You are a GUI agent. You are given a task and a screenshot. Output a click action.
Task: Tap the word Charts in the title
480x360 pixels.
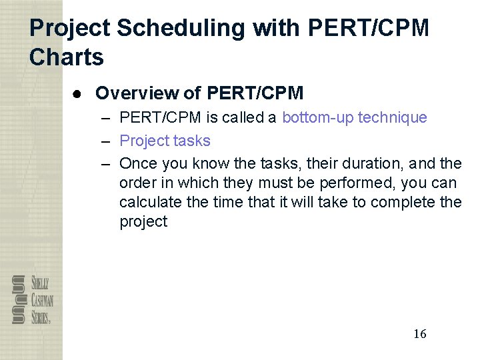67,57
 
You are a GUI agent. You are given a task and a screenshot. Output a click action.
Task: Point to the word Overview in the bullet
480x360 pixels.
138,93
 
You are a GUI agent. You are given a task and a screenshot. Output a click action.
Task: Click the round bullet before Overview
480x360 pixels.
78,94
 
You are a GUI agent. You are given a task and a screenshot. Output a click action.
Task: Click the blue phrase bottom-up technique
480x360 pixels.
354,118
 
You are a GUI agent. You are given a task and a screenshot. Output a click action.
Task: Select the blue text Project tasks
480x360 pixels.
165,141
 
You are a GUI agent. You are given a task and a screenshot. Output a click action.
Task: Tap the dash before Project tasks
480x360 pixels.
106,141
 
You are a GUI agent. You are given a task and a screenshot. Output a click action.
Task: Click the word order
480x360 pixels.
137,183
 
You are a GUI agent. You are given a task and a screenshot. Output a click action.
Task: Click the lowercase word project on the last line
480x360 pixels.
143,222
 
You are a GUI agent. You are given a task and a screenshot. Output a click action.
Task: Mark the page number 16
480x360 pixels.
419,334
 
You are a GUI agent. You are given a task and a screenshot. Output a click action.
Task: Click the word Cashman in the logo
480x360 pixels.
41,299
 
